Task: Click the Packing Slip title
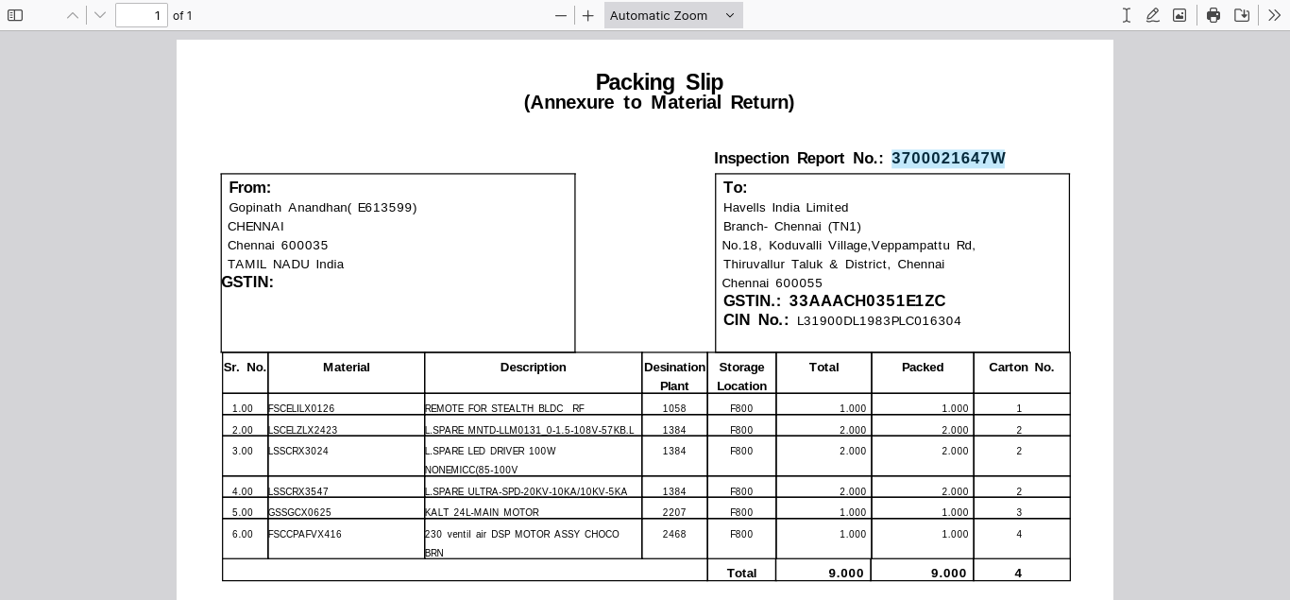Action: [658, 82]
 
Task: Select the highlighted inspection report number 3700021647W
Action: [948, 158]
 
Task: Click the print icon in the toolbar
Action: [1214, 15]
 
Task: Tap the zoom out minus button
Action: [561, 15]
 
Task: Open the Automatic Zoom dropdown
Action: [672, 15]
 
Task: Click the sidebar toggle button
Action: [15, 15]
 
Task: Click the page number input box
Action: [142, 15]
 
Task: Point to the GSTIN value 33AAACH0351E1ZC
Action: [867, 300]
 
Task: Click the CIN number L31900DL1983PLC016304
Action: [878, 321]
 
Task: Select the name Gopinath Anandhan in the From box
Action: [287, 208]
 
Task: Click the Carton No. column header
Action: [1021, 367]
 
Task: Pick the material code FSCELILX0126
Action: [301, 408]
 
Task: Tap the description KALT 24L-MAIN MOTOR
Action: [482, 512]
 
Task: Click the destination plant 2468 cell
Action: [674, 534]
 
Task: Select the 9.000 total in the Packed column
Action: [948, 573]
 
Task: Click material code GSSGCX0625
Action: [299, 512]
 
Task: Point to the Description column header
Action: [533, 367]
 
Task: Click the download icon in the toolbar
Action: [1242, 15]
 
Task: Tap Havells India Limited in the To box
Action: [786, 208]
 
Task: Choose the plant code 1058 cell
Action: [674, 408]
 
